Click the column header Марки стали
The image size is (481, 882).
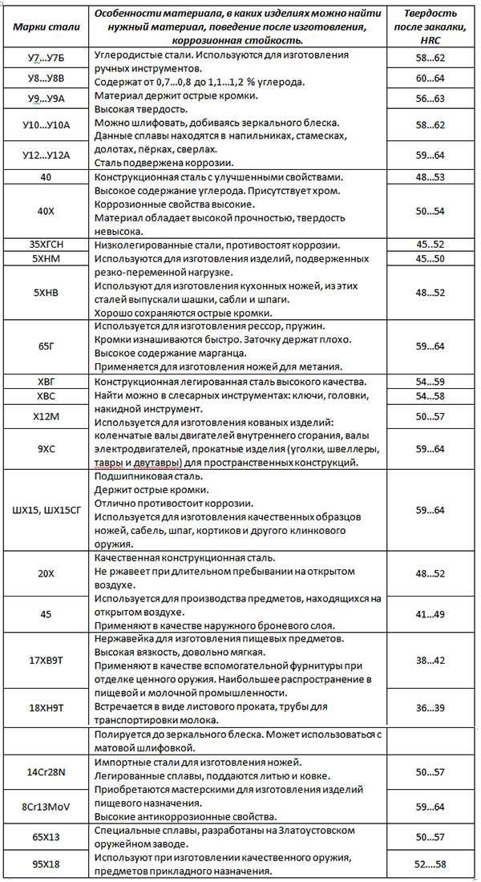(x=46, y=26)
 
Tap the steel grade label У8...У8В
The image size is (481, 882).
(x=46, y=79)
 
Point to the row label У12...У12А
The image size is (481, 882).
(x=46, y=155)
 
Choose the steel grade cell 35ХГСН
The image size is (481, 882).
(x=46, y=245)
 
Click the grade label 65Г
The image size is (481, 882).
(x=46, y=346)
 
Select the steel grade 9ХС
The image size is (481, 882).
(x=46, y=449)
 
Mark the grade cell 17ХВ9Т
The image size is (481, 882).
(x=46, y=660)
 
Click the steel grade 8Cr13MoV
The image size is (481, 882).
(x=46, y=807)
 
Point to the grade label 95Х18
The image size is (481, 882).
(x=46, y=865)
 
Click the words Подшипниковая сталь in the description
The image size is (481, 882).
(x=144, y=475)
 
